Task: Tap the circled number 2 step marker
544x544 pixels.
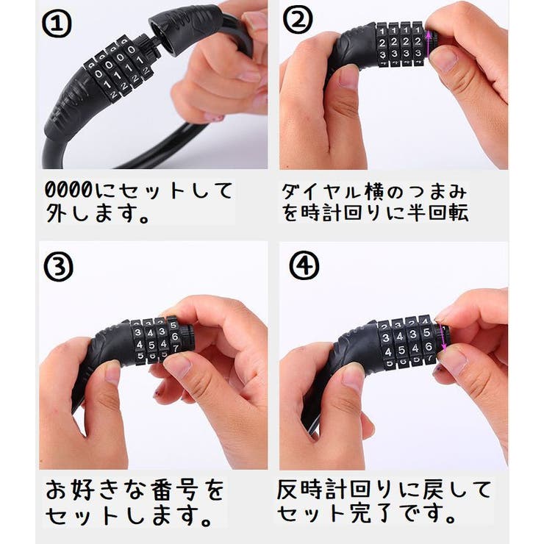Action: pos(300,24)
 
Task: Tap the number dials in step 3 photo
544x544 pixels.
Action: pos(154,340)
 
